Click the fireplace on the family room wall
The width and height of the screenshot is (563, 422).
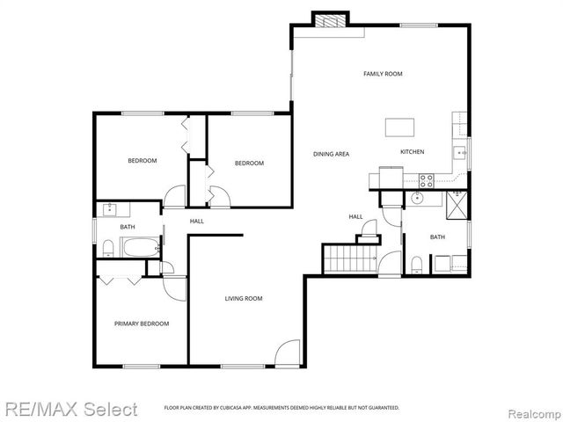[x=331, y=21]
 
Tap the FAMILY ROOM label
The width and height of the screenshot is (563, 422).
[x=383, y=74]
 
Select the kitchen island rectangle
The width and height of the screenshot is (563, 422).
[x=399, y=127]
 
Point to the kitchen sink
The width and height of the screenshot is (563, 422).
[x=459, y=152]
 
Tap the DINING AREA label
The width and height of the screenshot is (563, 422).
[x=331, y=154]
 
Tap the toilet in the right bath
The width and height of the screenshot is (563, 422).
[x=417, y=265]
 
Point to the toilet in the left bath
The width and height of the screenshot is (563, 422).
[x=106, y=247]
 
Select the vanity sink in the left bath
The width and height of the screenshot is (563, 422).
[x=110, y=209]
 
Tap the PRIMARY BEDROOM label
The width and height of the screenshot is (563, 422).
[x=141, y=324]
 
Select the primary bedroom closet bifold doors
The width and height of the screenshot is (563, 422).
[x=121, y=280]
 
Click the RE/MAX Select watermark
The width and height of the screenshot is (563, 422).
[x=69, y=409]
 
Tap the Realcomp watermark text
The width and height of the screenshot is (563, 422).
[x=531, y=410]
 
